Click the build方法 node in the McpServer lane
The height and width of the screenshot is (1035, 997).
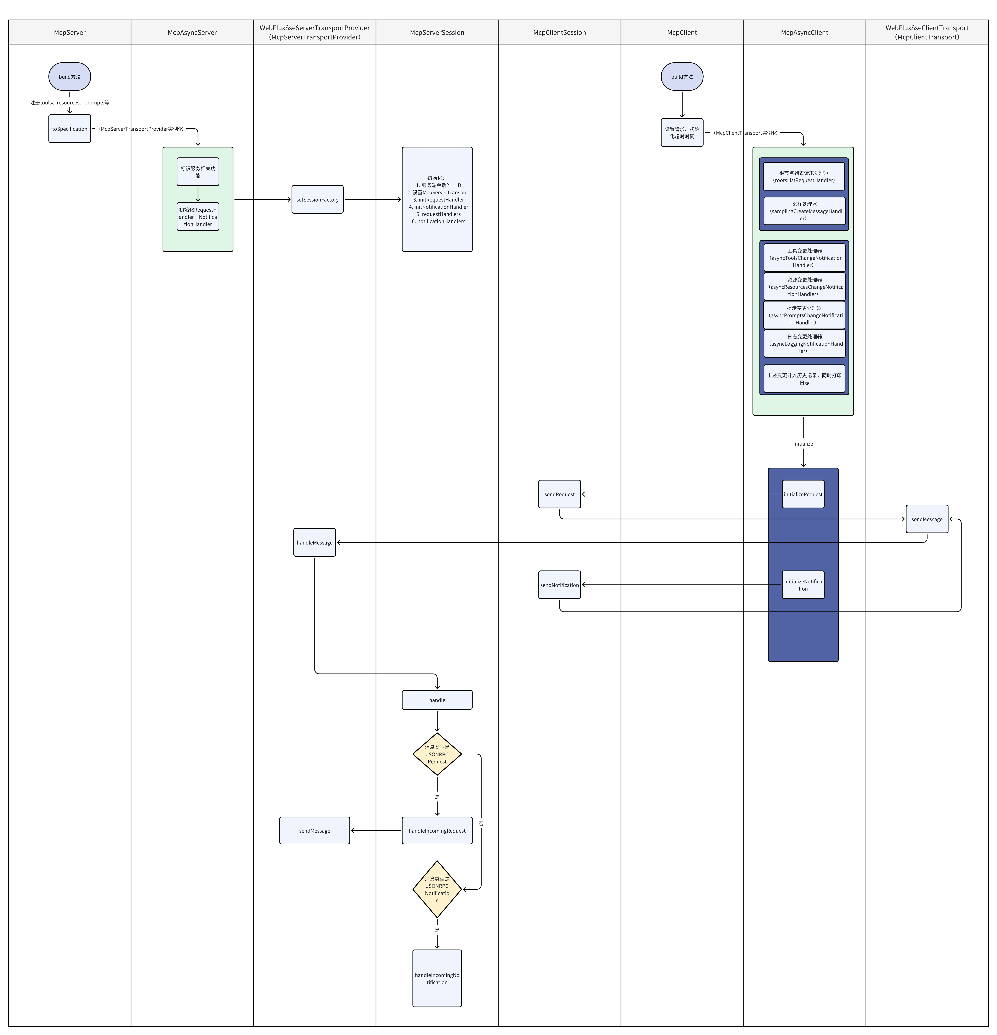[x=70, y=77]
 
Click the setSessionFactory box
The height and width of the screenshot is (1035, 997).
[x=317, y=200]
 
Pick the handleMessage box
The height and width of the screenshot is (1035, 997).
[x=315, y=542]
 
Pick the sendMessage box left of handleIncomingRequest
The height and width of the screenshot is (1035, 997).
[x=315, y=831]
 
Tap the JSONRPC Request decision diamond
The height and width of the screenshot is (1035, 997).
[x=437, y=754]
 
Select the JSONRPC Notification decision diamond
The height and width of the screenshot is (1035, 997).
[x=437, y=889]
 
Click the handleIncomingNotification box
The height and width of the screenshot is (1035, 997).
[x=437, y=978]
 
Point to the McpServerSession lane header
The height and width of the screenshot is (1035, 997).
[x=437, y=32]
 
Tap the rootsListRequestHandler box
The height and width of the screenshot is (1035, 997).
[x=804, y=176]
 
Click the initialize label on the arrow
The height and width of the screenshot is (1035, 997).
[x=803, y=444]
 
